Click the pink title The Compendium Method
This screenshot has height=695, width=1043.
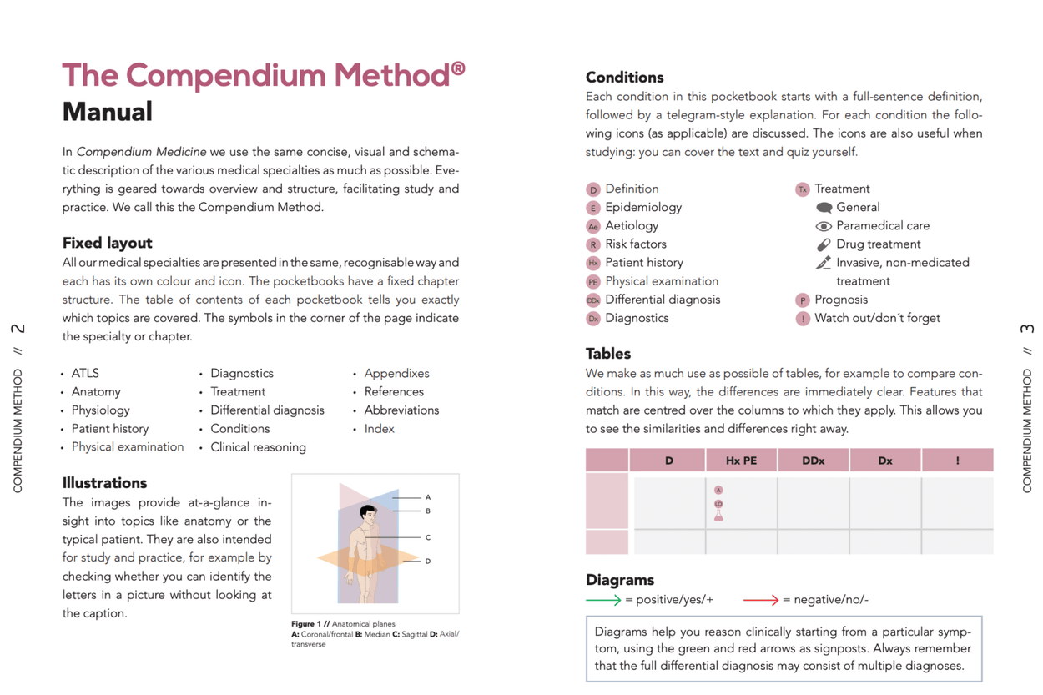click(263, 75)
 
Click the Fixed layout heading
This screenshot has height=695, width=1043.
click(107, 243)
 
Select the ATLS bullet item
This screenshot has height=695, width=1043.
click(85, 373)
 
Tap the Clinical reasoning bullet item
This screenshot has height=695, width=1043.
click(258, 447)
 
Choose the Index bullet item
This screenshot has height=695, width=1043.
click(379, 429)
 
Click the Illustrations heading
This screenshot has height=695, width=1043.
click(104, 483)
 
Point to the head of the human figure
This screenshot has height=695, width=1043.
click(368, 511)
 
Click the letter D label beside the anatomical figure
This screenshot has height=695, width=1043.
click(428, 561)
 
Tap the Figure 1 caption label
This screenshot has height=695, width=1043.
click(310, 624)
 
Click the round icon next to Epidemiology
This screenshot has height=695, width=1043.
click(593, 208)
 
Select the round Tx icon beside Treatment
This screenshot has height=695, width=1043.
click(803, 189)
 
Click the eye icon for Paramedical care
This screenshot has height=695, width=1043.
click(824, 226)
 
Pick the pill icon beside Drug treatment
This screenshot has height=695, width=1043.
click(824, 244)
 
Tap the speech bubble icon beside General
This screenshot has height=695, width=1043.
click(824, 208)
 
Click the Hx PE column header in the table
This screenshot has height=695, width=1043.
click(740, 461)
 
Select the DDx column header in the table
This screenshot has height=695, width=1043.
click(813, 461)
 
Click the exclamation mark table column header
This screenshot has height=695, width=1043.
click(957, 461)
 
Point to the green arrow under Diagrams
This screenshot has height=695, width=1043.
click(603, 600)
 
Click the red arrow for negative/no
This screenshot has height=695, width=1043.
click(760, 600)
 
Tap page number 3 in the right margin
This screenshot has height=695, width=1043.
click(1027, 329)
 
